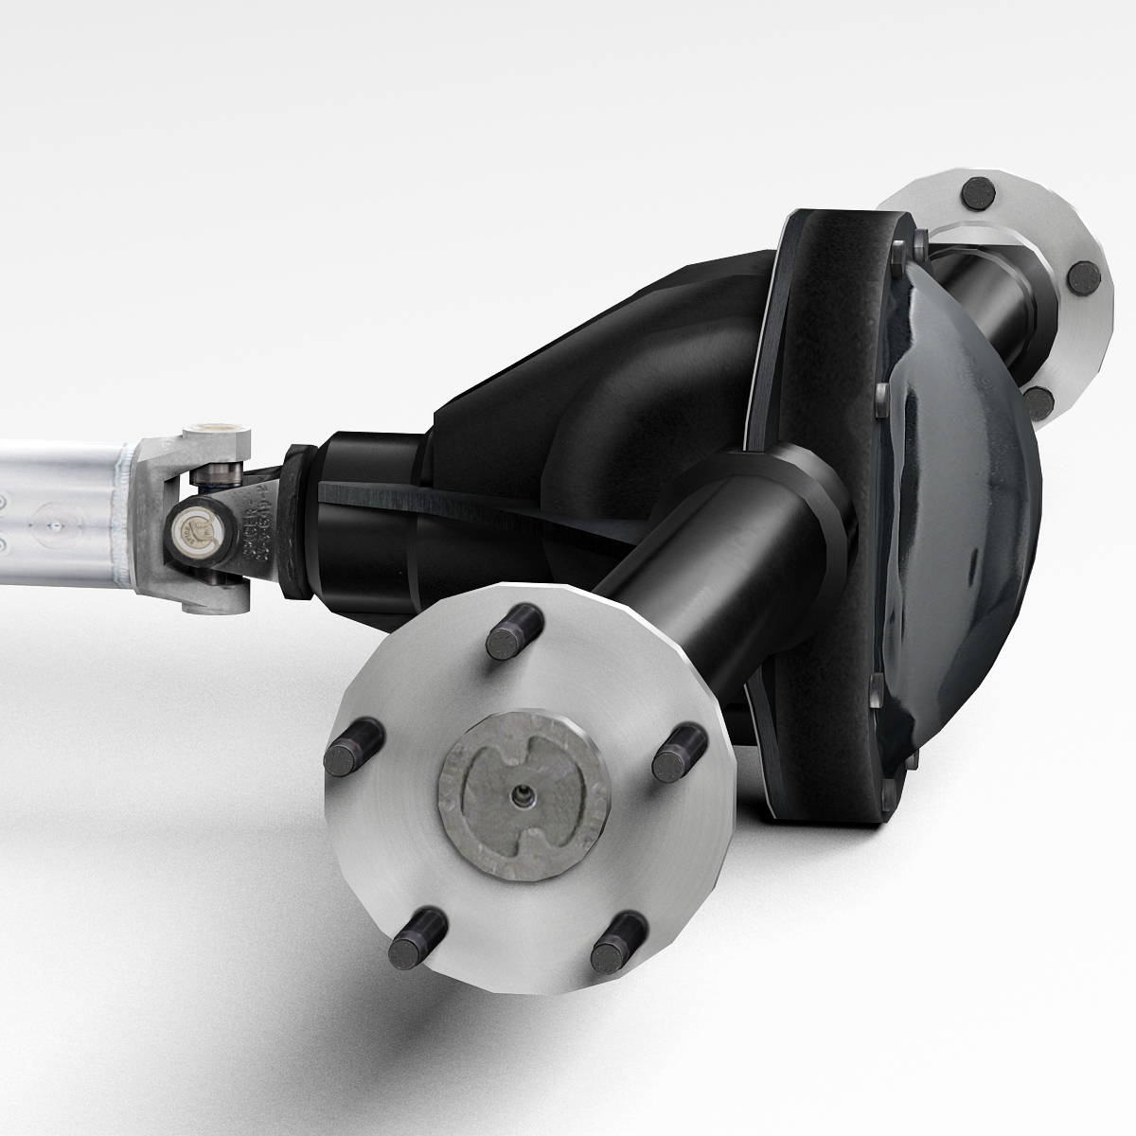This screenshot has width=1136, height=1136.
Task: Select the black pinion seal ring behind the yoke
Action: tap(300, 521)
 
